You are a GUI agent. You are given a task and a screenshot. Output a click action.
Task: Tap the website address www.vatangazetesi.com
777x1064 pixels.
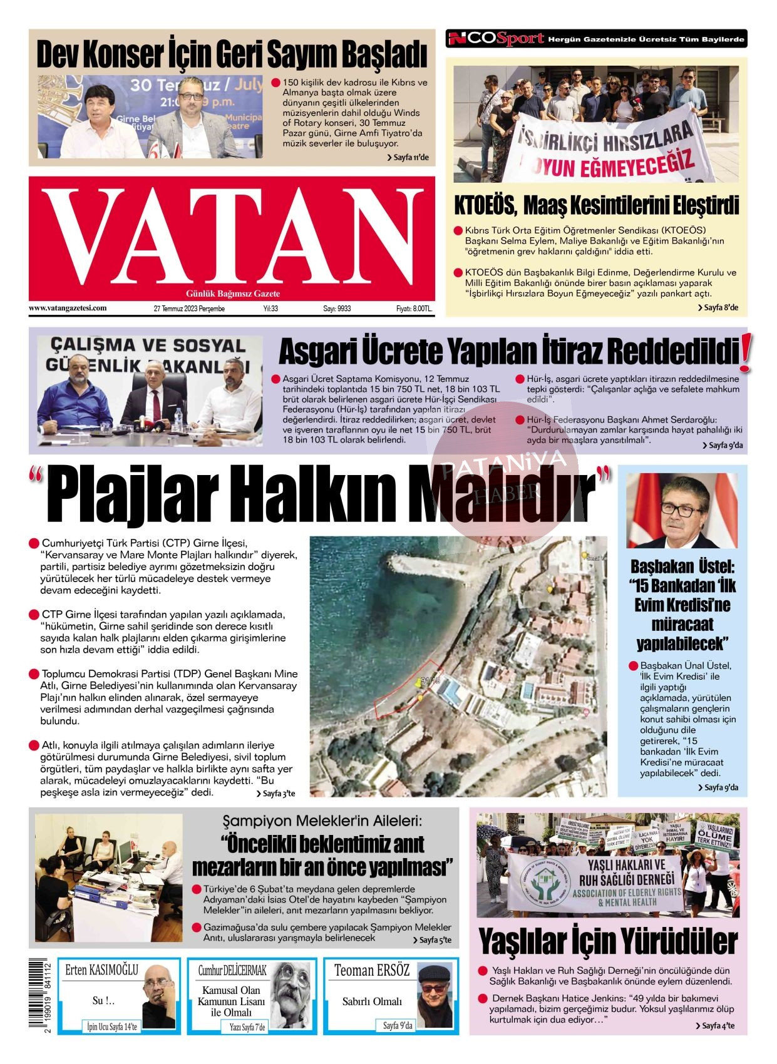click(x=68, y=308)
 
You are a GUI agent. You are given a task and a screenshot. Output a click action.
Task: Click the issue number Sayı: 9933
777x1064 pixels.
click(x=337, y=309)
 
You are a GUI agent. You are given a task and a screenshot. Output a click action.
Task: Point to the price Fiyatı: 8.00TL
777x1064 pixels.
click(x=414, y=309)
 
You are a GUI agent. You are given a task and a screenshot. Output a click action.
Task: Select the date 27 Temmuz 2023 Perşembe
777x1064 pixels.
click(x=189, y=309)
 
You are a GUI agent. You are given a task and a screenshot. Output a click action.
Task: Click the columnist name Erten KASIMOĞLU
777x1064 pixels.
click(x=101, y=970)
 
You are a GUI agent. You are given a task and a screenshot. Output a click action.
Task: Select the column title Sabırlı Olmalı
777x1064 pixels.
click(x=372, y=1001)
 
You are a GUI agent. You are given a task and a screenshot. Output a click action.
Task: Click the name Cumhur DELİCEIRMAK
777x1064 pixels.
click(x=232, y=970)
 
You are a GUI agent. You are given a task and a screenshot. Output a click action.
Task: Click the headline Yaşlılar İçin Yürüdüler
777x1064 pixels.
click(x=608, y=941)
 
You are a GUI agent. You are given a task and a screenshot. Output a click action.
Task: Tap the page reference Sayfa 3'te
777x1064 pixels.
click(x=275, y=794)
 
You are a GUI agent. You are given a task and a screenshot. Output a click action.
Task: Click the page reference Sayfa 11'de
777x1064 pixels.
click(x=408, y=157)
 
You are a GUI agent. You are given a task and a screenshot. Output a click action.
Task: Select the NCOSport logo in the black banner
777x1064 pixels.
click(x=495, y=39)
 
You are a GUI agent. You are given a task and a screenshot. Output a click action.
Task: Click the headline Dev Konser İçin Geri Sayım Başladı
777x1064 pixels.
click(x=232, y=54)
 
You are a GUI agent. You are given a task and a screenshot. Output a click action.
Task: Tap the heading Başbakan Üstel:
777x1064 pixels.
click(x=682, y=567)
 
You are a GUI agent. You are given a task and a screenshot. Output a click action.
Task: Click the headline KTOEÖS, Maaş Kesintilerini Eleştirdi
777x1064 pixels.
click(x=596, y=205)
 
